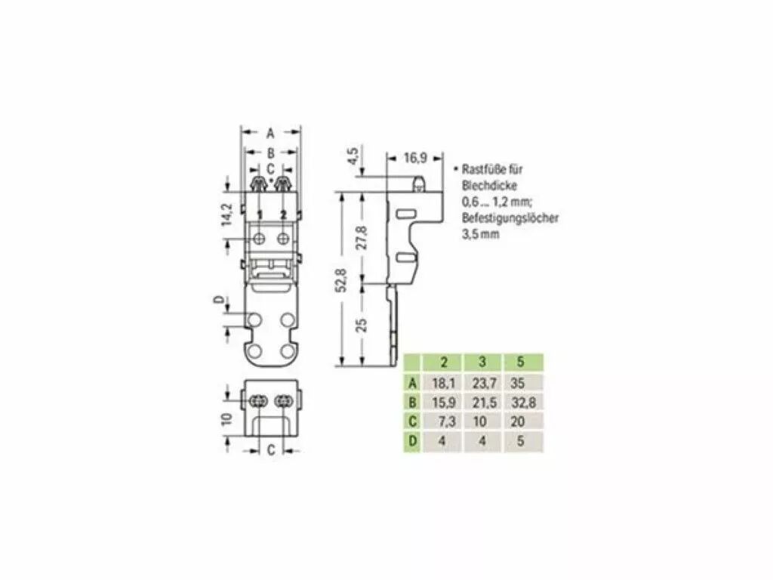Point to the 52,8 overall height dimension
[x=341, y=279]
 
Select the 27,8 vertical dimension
[x=362, y=236]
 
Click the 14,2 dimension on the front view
[x=226, y=214]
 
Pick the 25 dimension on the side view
[x=362, y=325]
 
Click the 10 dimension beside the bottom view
[x=226, y=419]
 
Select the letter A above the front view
[x=270, y=133]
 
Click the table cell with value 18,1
[x=442, y=383]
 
